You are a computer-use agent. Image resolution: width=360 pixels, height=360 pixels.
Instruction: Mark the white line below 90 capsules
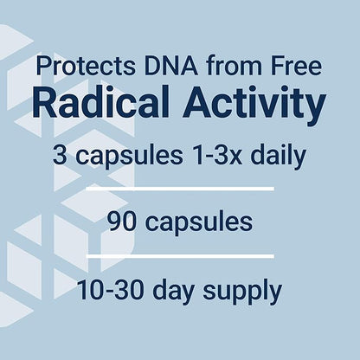pos(179,254)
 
